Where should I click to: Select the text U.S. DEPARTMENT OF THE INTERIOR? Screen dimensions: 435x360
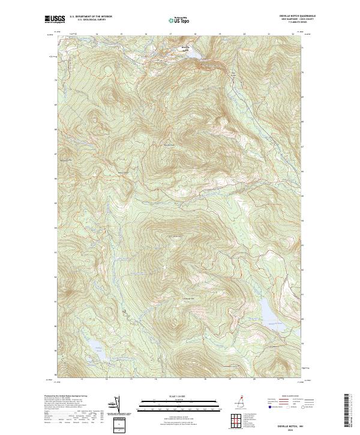pyautogui.click(x=87, y=17)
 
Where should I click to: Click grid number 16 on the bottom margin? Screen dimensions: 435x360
pyautogui.click(x=155, y=380)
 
